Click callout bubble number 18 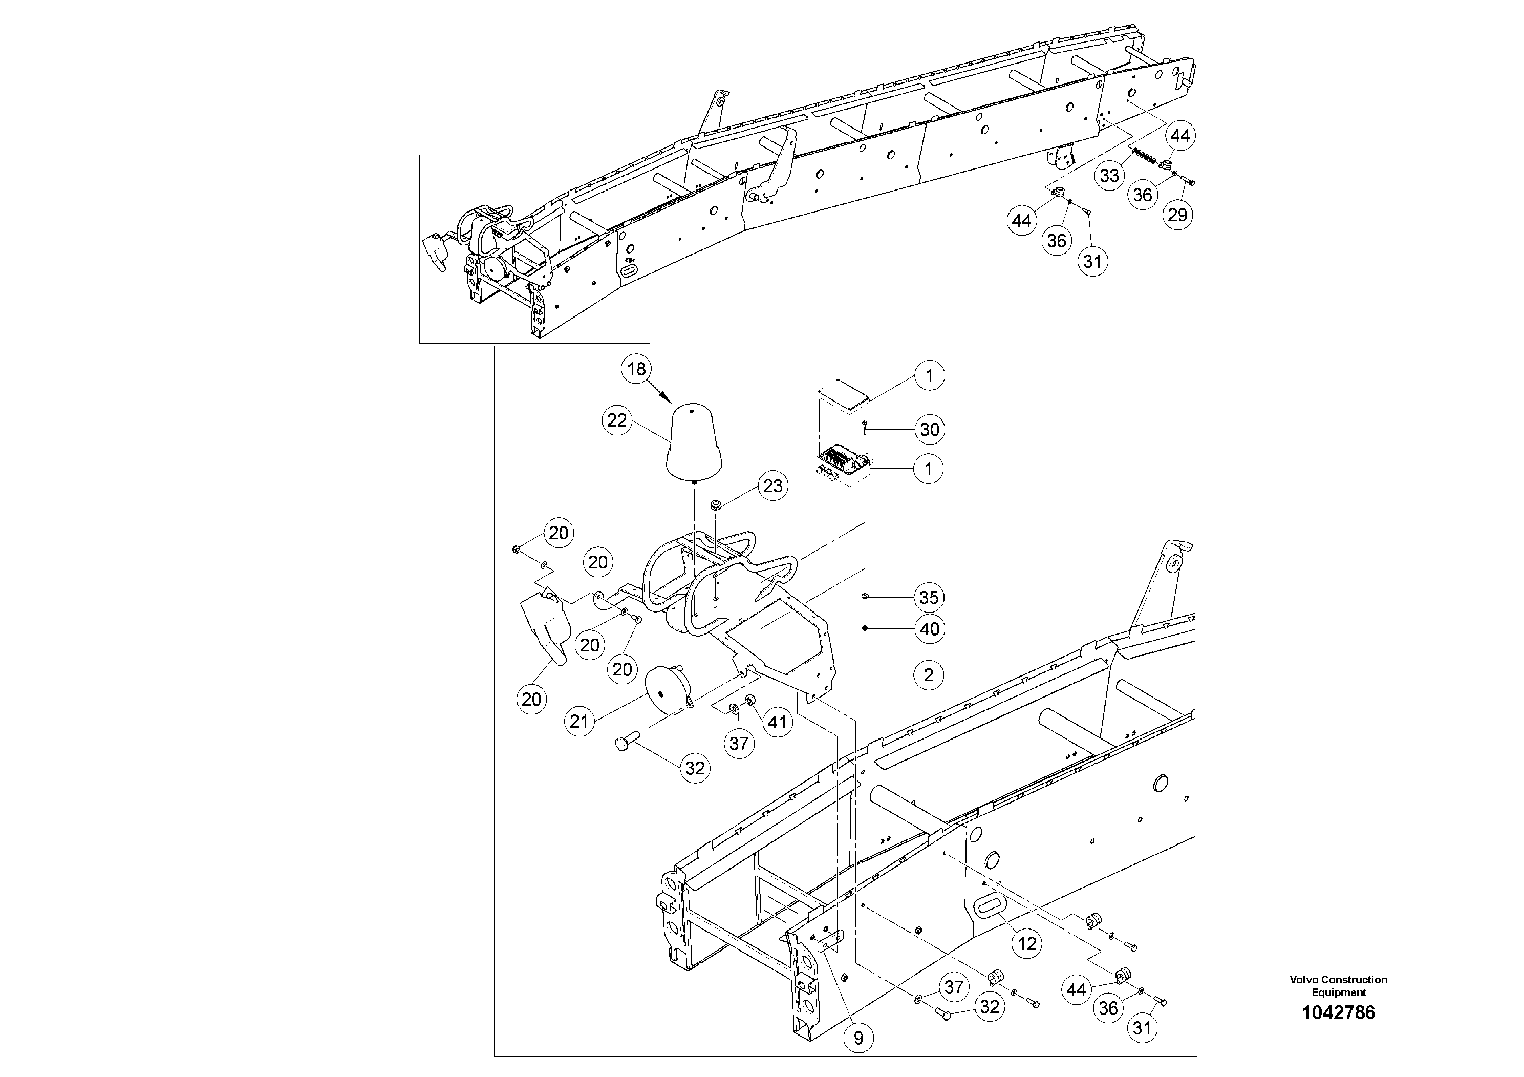click(636, 369)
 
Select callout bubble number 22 click(617, 420)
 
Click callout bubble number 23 click(772, 486)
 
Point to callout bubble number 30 click(929, 430)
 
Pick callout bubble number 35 click(929, 598)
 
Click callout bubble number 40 click(929, 629)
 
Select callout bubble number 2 click(928, 675)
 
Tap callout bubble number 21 click(579, 721)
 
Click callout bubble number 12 click(1027, 943)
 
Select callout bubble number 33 click(1110, 176)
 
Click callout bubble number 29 click(1177, 215)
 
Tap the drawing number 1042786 click(1338, 1012)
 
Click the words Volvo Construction click(1338, 979)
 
